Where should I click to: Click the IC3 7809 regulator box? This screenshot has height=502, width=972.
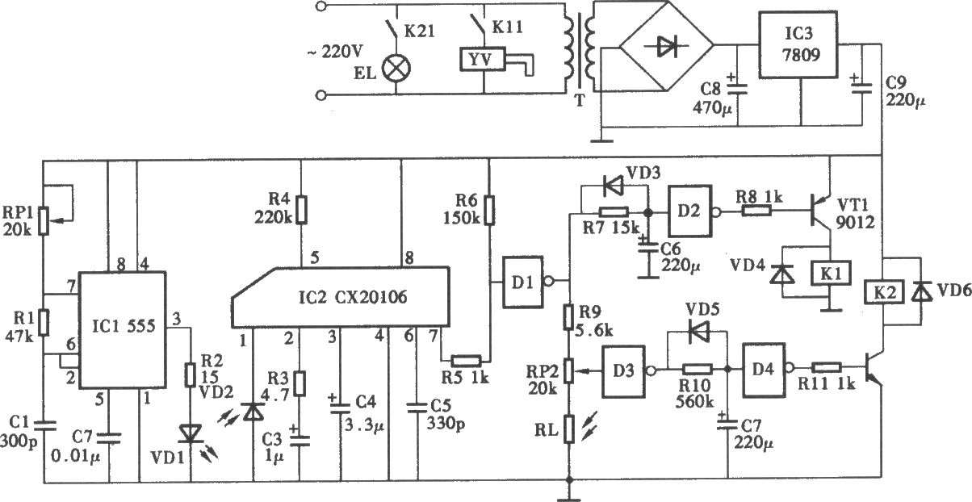(798, 45)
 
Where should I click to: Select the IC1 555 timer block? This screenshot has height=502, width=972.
(123, 330)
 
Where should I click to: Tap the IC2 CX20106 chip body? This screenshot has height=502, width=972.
(340, 297)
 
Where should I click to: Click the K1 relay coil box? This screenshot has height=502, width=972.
(831, 274)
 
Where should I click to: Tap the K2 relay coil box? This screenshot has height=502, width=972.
(885, 293)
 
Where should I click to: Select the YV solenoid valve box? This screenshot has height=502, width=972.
(483, 60)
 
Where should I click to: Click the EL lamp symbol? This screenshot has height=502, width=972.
(396, 68)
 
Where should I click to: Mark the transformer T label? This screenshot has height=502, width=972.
(580, 101)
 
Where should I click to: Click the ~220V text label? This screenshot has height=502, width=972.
(334, 52)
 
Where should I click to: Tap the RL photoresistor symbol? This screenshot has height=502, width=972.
(569, 429)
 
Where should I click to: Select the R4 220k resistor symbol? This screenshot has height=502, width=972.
(302, 210)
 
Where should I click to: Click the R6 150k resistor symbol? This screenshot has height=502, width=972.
(489, 211)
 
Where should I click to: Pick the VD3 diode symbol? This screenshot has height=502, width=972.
(613, 187)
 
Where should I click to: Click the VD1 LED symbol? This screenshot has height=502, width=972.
(191, 434)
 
